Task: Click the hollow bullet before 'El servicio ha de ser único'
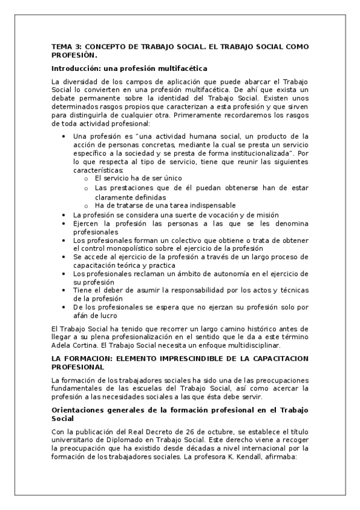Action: tap(87, 179)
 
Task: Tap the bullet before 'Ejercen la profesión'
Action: tap(64, 223)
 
